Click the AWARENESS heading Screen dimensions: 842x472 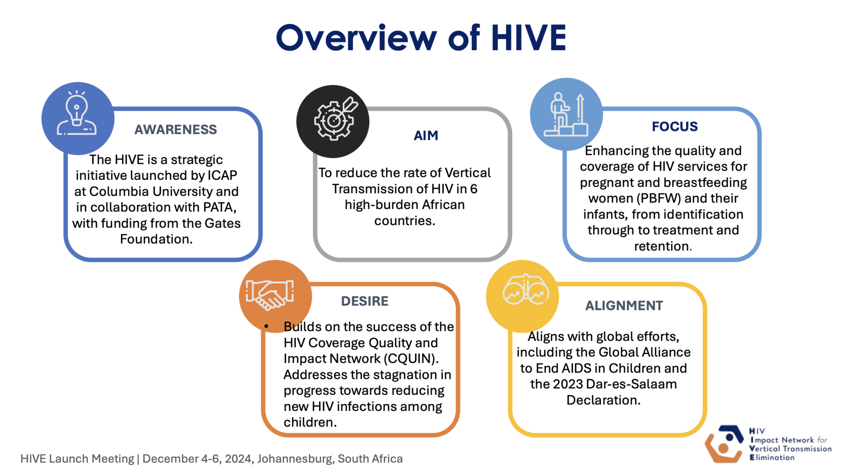176,129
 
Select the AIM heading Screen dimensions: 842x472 426,136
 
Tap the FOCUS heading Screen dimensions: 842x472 675,126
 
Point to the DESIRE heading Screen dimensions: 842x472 365,301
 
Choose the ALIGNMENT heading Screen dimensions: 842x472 624,305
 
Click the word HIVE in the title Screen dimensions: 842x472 529,38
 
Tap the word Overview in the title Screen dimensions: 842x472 356,38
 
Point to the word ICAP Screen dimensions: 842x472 222,175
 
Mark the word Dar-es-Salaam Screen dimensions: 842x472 631,384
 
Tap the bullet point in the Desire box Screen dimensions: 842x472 266,326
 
